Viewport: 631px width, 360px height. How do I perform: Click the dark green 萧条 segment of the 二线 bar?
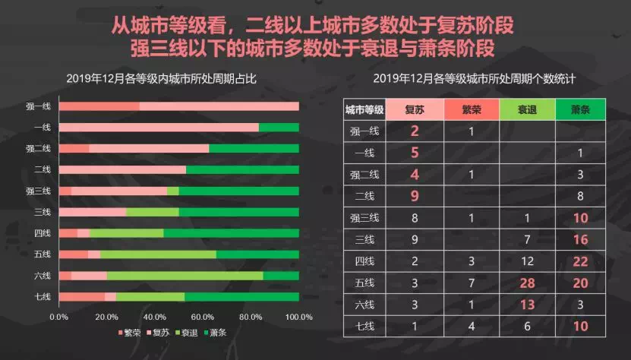click(x=242, y=169)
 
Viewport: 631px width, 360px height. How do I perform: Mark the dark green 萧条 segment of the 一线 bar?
click(x=279, y=128)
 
